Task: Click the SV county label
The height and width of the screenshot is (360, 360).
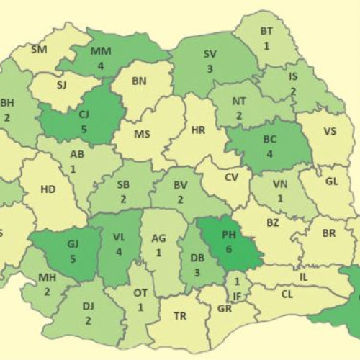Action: click(210, 54)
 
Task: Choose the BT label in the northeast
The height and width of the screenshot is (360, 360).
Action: click(266, 31)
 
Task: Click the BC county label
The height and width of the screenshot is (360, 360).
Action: click(270, 140)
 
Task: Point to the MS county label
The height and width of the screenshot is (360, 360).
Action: click(142, 135)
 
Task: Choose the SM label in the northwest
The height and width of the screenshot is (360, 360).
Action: click(39, 50)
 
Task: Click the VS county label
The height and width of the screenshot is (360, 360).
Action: click(330, 131)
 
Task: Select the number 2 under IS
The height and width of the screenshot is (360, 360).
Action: click(294, 91)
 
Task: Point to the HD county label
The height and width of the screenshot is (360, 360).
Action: click(48, 189)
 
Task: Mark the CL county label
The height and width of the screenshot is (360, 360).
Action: click(287, 294)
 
